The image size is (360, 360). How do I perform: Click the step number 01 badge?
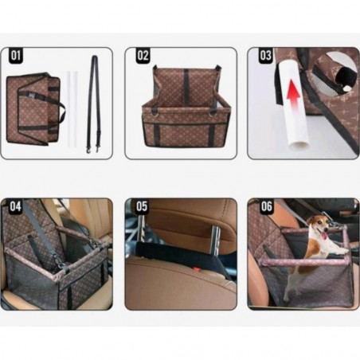tap(16, 56)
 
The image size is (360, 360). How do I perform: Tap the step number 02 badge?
tap(143, 56)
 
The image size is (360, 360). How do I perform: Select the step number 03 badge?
tap(266, 56)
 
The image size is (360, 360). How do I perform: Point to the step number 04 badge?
tap(16, 206)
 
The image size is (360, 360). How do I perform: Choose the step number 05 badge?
tap(142, 206)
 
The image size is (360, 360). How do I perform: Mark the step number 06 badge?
tap(266, 206)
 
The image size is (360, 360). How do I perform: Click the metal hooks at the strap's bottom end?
tap(92, 149)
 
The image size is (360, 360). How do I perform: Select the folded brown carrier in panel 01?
tap(34, 108)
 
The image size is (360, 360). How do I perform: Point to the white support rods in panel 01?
tap(72, 108)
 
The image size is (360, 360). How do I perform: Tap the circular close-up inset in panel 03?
tap(335, 72)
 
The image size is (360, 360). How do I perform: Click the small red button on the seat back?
tap(196, 269)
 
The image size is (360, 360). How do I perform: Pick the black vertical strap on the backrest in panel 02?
tap(186, 88)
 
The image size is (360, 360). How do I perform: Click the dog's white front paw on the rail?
tap(342, 251)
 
